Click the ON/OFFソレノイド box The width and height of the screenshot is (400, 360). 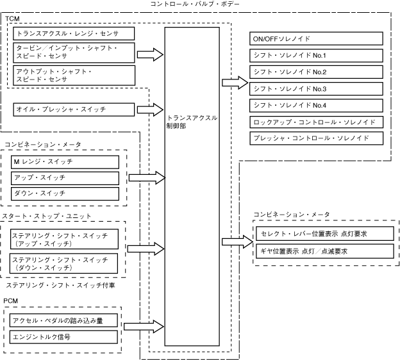(x=316, y=38)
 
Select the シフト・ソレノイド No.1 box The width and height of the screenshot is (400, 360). (x=316, y=55)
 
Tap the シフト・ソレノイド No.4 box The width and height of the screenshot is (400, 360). (x=316, y=106)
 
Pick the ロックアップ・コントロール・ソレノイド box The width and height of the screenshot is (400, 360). (x=316, y=122)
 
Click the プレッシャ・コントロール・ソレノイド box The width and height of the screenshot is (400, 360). (x=316, y=138)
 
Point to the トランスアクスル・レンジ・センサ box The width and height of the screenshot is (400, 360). (x=74, y=34)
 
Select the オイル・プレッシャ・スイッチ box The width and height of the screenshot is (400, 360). (x=74, y=110)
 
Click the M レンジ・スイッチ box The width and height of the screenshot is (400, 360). (x=65, y=162)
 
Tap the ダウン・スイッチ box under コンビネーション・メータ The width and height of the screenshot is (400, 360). (x=65, y=193)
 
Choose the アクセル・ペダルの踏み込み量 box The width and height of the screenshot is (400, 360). (x=63, y=320)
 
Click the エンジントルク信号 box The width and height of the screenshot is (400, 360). (x=63, y=337)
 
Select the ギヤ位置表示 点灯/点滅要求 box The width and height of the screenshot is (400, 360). (x=325, y=251)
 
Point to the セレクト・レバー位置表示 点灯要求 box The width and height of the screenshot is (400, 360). (x=325, y=234)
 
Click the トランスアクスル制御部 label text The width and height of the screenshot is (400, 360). (x=192, y=122)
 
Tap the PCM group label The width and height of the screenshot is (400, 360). (x=11, y=301)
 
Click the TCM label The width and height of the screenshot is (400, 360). (x=12, y=19)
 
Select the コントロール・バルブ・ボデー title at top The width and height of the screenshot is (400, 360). (x=195, y=4)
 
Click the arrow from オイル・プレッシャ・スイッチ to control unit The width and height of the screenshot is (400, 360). (x=150, y=110)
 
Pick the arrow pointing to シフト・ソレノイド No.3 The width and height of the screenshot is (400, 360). (x=235, y=83)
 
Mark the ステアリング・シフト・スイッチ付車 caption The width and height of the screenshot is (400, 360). (x=60, y=285)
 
